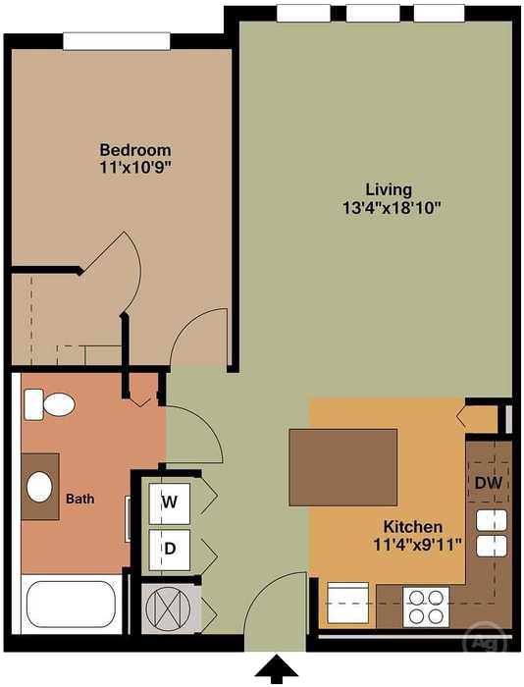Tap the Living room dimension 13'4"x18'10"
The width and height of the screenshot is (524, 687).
[389, 207]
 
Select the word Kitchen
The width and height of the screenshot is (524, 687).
[413, 527]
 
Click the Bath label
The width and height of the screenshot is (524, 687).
[79, 500]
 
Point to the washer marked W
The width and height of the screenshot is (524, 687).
[170, 502]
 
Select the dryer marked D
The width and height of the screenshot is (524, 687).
[170, 550]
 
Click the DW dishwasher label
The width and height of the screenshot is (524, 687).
[488, 483]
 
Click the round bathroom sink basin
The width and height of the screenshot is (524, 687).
[40, 486]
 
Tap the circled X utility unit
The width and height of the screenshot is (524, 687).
[166, 608]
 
